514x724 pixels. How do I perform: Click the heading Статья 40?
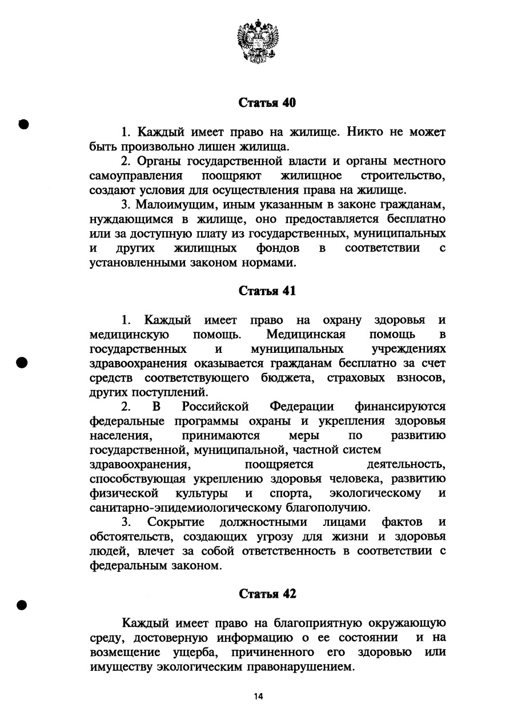[x=267, y=103]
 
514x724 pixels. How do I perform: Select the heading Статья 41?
[x=267, y=291]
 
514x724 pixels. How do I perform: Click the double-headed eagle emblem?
[x=258, y=41]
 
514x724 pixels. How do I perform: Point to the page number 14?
[x=259, y=696]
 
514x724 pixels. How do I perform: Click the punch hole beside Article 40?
[x=23, y=124]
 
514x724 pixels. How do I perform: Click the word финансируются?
[x=400, y=407]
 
